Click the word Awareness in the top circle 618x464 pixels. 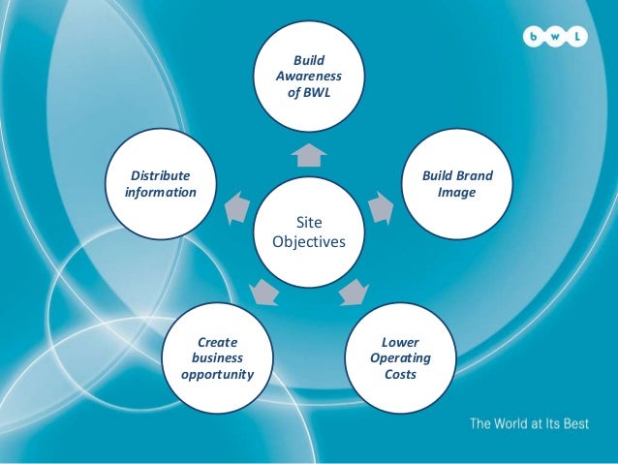[x=308, y=76]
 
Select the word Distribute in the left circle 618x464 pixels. [x=161, y=175]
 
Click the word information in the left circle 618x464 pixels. [x=161, y=192]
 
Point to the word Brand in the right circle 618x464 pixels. [x=476, y=175]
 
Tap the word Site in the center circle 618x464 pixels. [x=308, y=224]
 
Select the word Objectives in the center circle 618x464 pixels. [x=308, y=241]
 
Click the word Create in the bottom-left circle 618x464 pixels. [x=218, y=342]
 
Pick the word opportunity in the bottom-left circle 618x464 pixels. [x=218, y=374]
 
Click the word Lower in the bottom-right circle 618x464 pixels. [x=400, y=342]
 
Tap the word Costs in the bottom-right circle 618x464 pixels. [x=400, y=374]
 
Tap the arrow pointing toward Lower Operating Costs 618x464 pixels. [x=354, y=291]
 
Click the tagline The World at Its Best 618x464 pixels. [x=528, y=423]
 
